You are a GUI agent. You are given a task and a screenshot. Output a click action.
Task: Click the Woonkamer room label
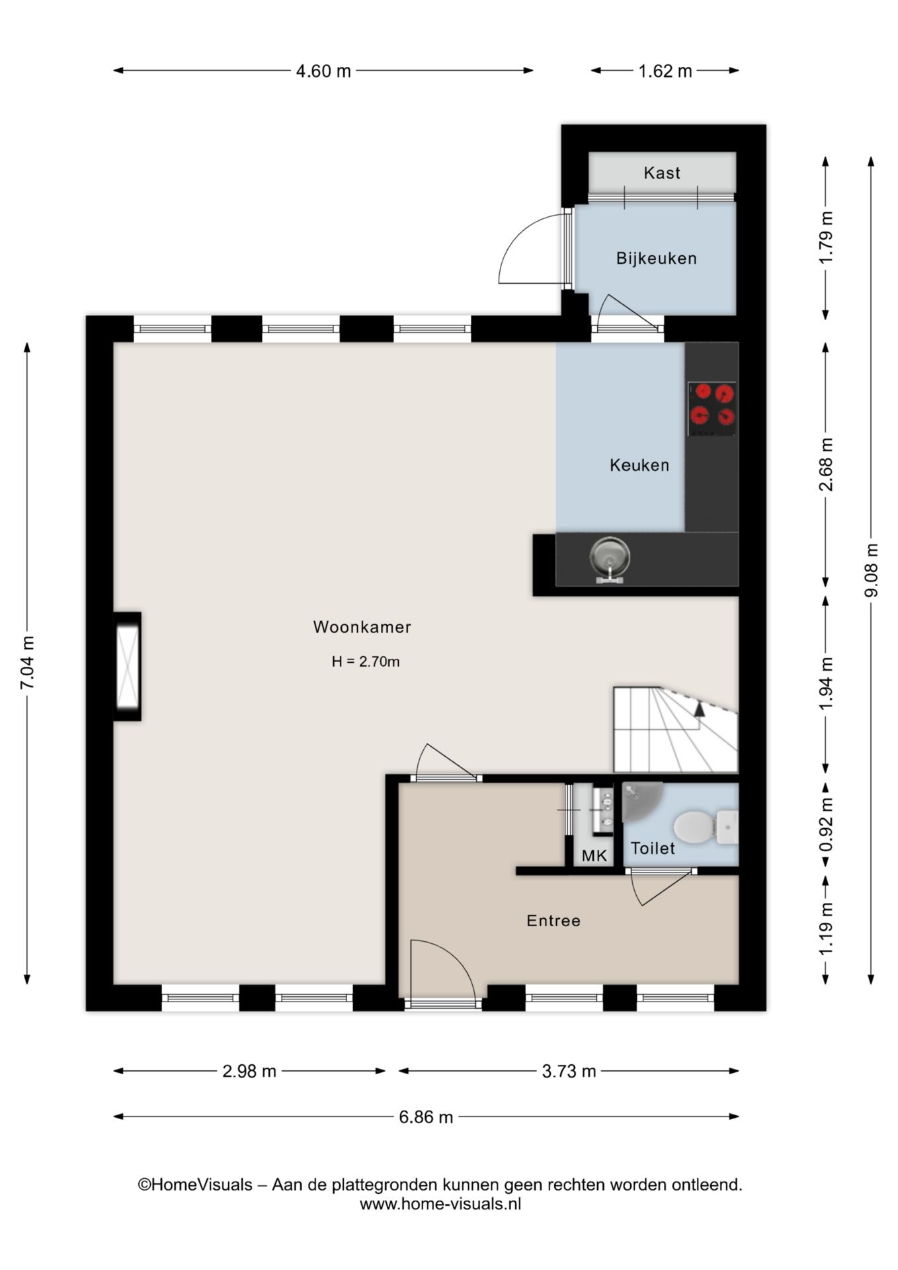(x=362, y=627)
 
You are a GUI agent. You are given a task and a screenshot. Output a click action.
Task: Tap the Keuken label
(x=639, y=465)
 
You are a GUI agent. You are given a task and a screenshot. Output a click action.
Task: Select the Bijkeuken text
(x=657, y=258)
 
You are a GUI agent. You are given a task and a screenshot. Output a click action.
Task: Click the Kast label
(x=662, y=173)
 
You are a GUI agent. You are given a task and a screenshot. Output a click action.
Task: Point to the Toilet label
(x=653, y=848)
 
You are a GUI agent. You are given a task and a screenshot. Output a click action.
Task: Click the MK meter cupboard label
(x=594, y=856)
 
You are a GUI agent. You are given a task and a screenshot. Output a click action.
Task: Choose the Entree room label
(x=553, y=920)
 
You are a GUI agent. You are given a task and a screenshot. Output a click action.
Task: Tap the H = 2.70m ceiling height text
(x=366, y=661)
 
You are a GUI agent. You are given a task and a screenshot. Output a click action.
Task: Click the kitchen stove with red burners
(x=712, y=409)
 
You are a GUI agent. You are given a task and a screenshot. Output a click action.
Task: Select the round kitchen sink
(x=609, y=557)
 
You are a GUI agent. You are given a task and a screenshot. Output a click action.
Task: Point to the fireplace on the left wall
(x=127, y=666)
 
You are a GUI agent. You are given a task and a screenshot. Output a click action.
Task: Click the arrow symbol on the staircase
(x=700, y=710)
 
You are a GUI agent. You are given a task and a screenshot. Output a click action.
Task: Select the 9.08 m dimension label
(x=872, y=570)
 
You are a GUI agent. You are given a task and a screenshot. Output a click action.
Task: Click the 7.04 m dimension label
(x=27, y=663)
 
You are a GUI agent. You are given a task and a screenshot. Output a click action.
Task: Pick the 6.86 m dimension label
(x=426, y=1117)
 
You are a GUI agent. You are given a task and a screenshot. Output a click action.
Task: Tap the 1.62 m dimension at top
(x=665, y=71)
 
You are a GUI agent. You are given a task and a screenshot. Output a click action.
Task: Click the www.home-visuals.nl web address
(x=440, y=1204)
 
